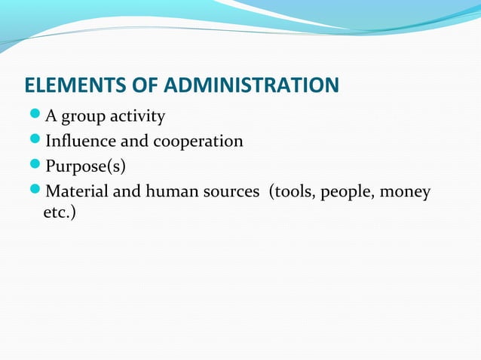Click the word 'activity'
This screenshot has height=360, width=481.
pos(138,117)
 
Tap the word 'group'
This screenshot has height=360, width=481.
pos(84,117)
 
